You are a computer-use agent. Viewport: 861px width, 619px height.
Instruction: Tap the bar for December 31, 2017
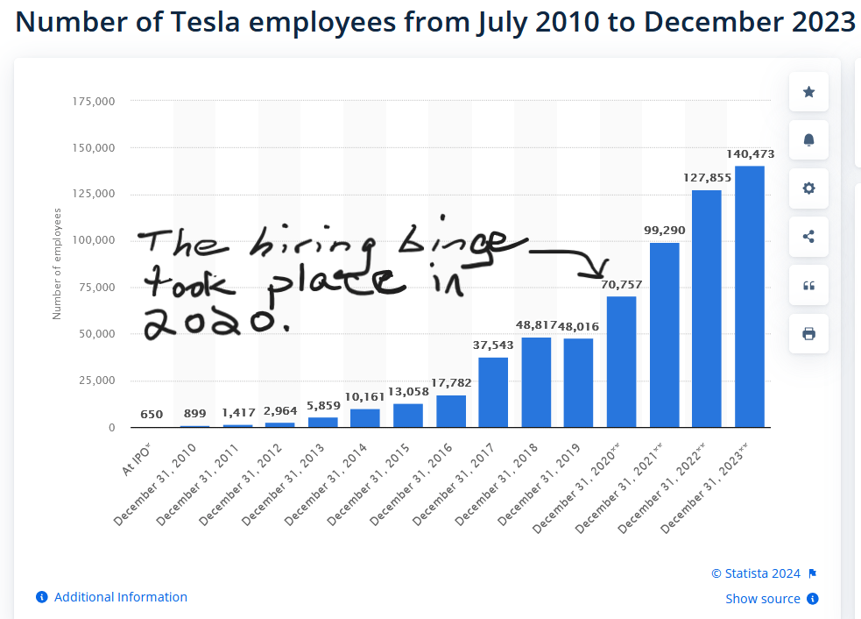tap(493, 392)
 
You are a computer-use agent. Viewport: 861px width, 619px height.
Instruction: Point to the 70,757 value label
tap(622, 284)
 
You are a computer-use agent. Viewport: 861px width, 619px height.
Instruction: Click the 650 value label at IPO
tap(152, 415)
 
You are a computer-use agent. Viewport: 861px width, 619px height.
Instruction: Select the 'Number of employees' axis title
tap(57, 263)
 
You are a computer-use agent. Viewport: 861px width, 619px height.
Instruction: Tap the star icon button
tap(808, 92)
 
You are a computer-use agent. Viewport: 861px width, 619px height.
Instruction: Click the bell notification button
tap(808, 140)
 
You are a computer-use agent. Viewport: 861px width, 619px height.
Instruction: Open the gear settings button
tap(808, 189)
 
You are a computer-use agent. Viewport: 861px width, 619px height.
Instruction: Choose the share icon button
tap(808, 237)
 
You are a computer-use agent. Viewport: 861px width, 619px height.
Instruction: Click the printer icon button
tap(808, 333)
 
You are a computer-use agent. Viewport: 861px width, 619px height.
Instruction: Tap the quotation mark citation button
tap(808, 285)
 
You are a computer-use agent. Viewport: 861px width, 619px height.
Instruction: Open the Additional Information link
tap(120, 597)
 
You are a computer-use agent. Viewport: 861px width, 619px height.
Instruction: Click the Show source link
tap(762, 599)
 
